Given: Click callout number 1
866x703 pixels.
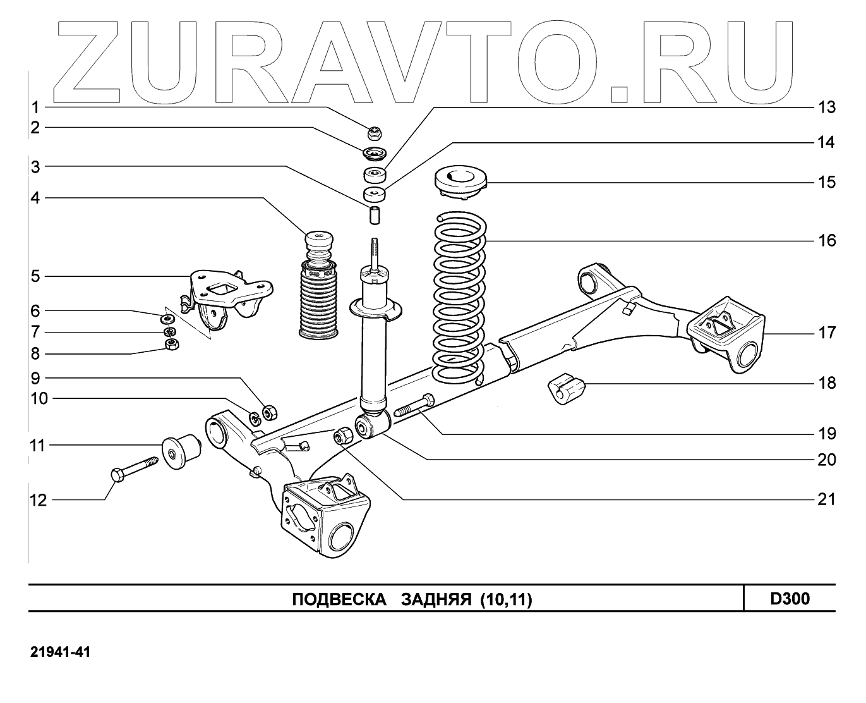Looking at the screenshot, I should [36, 107].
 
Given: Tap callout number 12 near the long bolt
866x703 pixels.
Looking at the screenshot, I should [38, 501].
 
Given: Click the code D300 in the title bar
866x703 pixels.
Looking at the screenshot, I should [790, 598].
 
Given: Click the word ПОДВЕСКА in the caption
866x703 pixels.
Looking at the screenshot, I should [339, 599].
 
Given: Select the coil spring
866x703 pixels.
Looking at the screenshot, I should [459, 297].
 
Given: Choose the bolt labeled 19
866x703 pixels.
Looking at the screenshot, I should [414, 406].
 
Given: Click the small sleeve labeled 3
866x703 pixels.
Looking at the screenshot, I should [375, 214].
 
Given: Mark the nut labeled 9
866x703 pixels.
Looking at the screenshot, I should [268, 412].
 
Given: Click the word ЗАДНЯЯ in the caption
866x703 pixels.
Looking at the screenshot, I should [436, 599].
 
